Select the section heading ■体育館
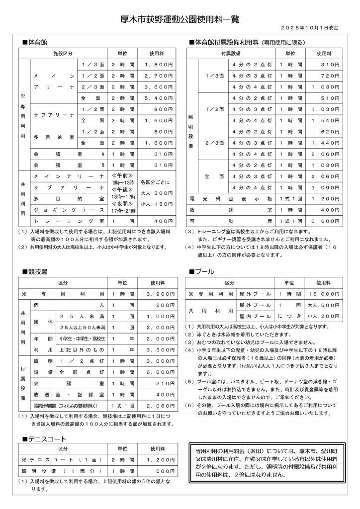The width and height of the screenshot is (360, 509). (35, 42)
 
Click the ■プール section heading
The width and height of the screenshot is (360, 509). (201, 271)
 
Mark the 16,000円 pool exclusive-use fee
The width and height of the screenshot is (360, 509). (323, 294)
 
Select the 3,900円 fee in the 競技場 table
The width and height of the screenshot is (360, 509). (158, 294)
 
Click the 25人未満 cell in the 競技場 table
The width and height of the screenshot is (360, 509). (82, 316)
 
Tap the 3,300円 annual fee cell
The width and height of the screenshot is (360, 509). (158, 349)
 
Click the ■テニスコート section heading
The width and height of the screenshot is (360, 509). (45, 439)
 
